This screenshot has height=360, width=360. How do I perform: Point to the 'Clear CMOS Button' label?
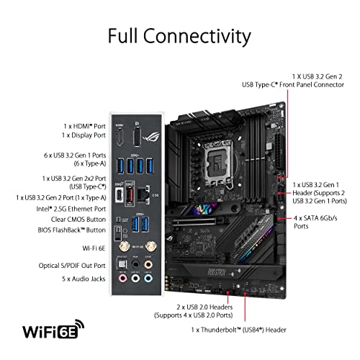pyautogui.click(x=71, y=219)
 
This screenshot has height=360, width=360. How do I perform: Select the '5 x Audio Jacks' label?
pyautogui.click(x=76, y=278)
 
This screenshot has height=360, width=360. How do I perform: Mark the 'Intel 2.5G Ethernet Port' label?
pyautogui.click(x=66, y=208)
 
